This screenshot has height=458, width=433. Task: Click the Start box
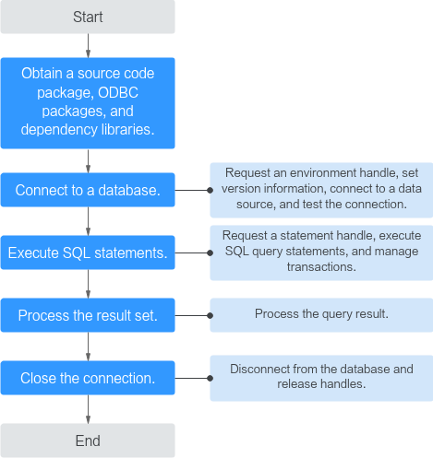(x=88, y=17)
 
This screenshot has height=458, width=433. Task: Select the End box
(x=88, y=440)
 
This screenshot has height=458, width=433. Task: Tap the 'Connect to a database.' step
(x=88, y=190)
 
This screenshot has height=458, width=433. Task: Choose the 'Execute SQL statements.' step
(x=88, y=252)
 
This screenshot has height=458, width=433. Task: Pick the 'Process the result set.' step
(x=88, y=315)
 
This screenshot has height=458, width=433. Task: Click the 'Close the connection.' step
(x=88, y=378)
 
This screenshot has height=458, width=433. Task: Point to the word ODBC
(x=118, y=92)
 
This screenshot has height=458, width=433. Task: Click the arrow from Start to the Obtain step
(x=88, y=45)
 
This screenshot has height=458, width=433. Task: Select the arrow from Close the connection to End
(x=88, y=409)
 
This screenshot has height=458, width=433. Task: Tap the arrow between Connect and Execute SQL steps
(x=88, y=221)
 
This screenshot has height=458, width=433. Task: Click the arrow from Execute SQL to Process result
(x=88, y=284)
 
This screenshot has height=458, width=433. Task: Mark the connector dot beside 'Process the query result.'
(x=210, y=315)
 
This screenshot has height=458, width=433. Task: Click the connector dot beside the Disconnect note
(x=210, y=378)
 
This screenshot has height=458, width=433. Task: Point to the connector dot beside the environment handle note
(x=210, y=190)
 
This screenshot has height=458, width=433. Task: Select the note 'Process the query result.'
(x=321, y=315)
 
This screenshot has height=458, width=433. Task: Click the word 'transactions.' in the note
(x=321, y=266)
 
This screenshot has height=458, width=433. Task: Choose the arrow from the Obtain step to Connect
(x=88, y=161)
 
